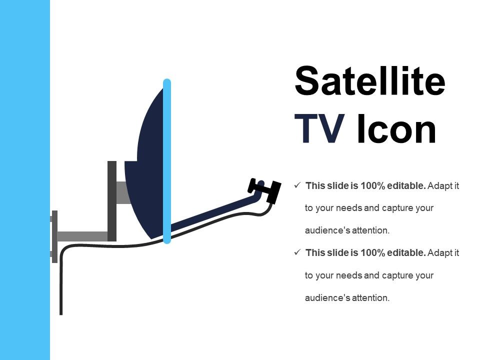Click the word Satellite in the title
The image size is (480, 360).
(370, 81)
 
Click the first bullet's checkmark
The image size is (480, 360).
(297, 185)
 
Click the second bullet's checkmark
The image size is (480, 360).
(297, 252)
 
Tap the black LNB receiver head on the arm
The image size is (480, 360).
(265, 189)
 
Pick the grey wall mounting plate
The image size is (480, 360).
(54, 236)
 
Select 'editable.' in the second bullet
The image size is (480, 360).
(406, 253)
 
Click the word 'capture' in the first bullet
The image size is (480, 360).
(399, 208)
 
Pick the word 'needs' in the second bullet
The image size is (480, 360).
(350, 275)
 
